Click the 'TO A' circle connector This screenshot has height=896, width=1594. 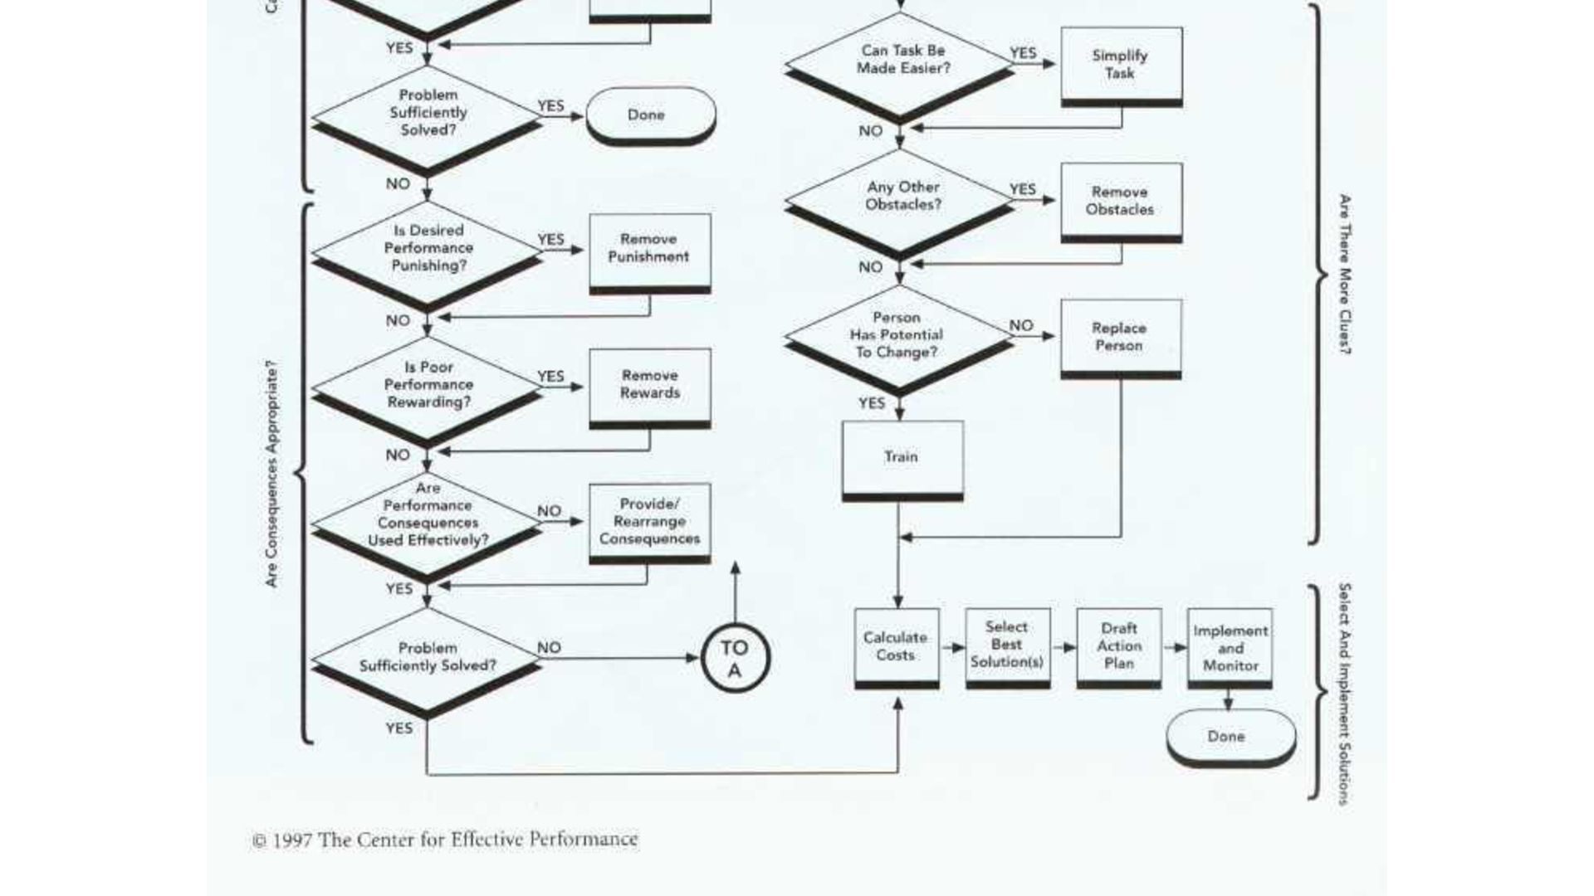(x=735, y=659)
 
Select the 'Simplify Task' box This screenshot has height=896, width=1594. (x=1121, y=65)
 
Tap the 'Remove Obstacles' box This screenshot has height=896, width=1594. (x=1121, y=201)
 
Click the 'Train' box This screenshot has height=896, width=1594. (x=902, y=457)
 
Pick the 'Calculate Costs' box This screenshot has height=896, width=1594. (x=897, y=646)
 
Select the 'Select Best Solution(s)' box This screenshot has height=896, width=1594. (x=1007, y=645)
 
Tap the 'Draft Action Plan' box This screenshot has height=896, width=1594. (x=1119, y=646)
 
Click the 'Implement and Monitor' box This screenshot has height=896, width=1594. (x=1230, y=647)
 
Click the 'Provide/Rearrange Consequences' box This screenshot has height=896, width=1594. (x=649, y=521)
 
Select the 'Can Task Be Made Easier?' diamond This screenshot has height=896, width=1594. (x=900, y=61)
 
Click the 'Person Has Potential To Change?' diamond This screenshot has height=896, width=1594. (x=898, y=335)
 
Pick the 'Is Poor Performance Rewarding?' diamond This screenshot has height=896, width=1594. (x=428, y=385)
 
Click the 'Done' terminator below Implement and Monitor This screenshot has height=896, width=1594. (x=1230, y=737)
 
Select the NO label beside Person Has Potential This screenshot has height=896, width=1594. (x=1021, y=326)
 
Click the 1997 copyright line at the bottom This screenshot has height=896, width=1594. (x=446, y=840)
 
